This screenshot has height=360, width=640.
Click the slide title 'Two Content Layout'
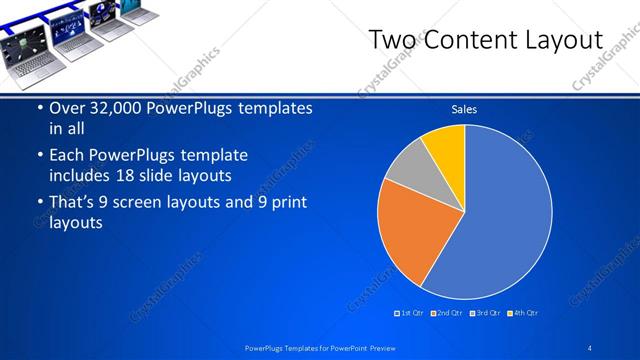tap(486, 40)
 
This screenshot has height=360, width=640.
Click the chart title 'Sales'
tap(464, 109)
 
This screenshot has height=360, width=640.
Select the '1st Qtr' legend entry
tap(410, 313)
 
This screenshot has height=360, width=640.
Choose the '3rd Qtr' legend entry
tap(485, 313)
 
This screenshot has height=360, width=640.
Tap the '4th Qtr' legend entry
tap(523, 313)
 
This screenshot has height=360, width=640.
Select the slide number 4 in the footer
tap(590, 347)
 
